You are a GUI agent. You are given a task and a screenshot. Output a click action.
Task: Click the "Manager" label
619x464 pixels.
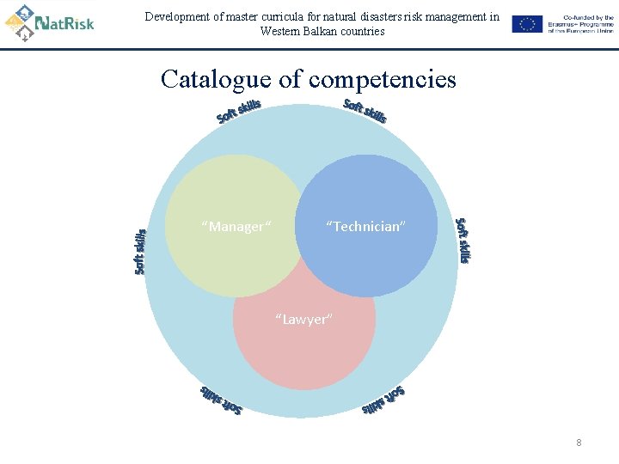[x=236, y=227]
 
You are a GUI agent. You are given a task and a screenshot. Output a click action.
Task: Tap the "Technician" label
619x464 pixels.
[x=365, y=227]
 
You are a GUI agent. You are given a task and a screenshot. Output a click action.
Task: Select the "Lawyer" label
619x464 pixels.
[x=303, y=320]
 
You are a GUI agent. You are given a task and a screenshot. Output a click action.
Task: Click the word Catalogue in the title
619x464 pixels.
[x=216, y=80]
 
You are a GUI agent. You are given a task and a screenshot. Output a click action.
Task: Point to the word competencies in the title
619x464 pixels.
[x=383, y=81]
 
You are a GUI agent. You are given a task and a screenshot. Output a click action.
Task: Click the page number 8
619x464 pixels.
[x=579, y=443]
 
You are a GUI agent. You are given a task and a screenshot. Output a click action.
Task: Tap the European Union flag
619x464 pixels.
[x=527, y=24]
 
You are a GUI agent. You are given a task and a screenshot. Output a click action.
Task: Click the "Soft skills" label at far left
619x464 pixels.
[x=140, y=251]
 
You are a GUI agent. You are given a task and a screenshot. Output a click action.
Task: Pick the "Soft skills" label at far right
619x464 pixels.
[x=463, y=241]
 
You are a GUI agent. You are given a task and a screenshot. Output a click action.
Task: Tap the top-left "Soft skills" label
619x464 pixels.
[x=238, y=112]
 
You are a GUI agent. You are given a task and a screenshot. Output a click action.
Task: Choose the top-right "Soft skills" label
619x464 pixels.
[x=365, y=111]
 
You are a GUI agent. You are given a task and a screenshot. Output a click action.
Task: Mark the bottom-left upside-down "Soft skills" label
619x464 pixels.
[x=221, y=400]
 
